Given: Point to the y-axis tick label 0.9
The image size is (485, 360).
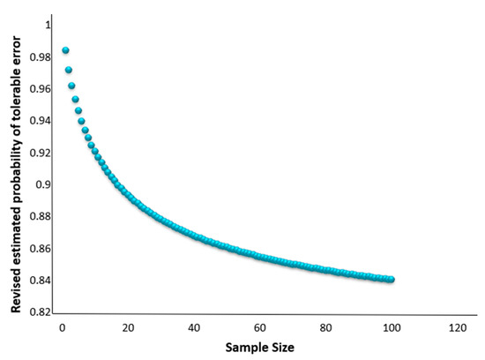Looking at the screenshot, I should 41,185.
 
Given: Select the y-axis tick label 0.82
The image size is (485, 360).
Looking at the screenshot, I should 38,313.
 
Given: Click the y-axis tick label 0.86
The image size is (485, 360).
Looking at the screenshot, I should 38,249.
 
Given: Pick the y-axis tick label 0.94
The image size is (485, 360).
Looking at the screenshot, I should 38,121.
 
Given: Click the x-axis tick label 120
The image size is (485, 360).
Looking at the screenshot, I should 456,328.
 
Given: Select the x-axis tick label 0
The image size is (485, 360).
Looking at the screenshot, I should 62,328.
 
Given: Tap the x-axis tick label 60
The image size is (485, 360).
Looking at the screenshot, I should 259,328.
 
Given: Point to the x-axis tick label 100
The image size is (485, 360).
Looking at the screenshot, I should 390,328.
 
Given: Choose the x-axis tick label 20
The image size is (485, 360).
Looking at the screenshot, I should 128,328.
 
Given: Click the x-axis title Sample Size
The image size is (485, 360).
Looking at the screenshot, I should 258,348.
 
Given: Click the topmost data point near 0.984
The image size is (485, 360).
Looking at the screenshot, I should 65,50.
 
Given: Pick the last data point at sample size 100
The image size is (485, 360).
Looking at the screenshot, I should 391,280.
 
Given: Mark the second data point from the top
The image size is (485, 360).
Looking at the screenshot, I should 68,70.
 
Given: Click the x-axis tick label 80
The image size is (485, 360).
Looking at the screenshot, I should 325,328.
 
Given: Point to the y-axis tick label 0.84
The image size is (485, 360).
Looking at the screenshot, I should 38,281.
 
